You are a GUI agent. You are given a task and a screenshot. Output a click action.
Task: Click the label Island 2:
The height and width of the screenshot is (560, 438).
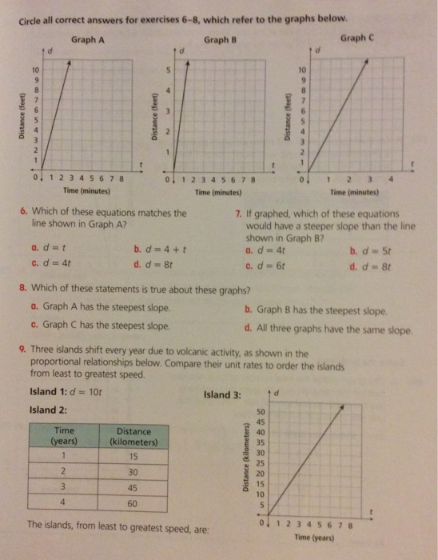[x=46, y=409]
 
